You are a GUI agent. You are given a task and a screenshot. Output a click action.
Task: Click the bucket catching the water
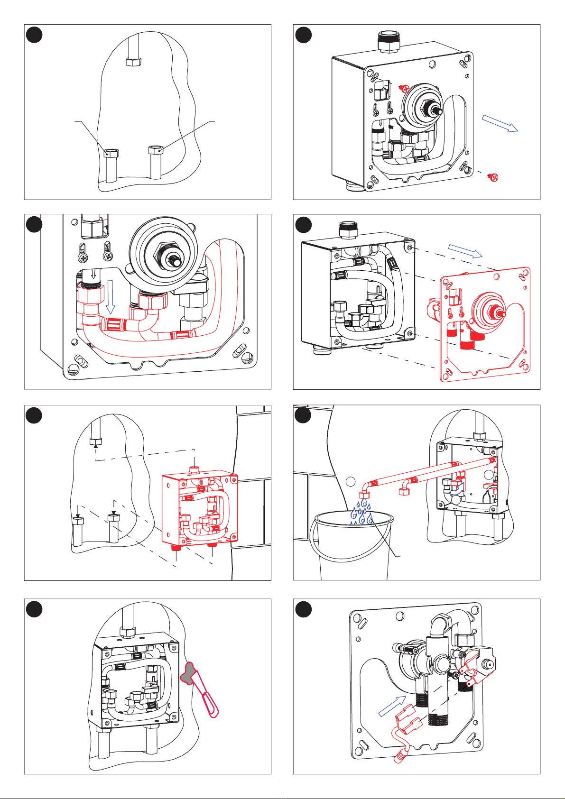pyautogui.click(x=351, y=550)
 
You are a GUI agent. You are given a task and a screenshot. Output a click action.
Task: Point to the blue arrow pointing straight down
pyautogui.click(x=110, y=297)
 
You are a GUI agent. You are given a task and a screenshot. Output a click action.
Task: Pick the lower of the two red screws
pyautogui.click(x=493, y=178)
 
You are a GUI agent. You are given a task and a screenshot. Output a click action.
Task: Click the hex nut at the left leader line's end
pyautogui.click(x=111, y=153)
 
